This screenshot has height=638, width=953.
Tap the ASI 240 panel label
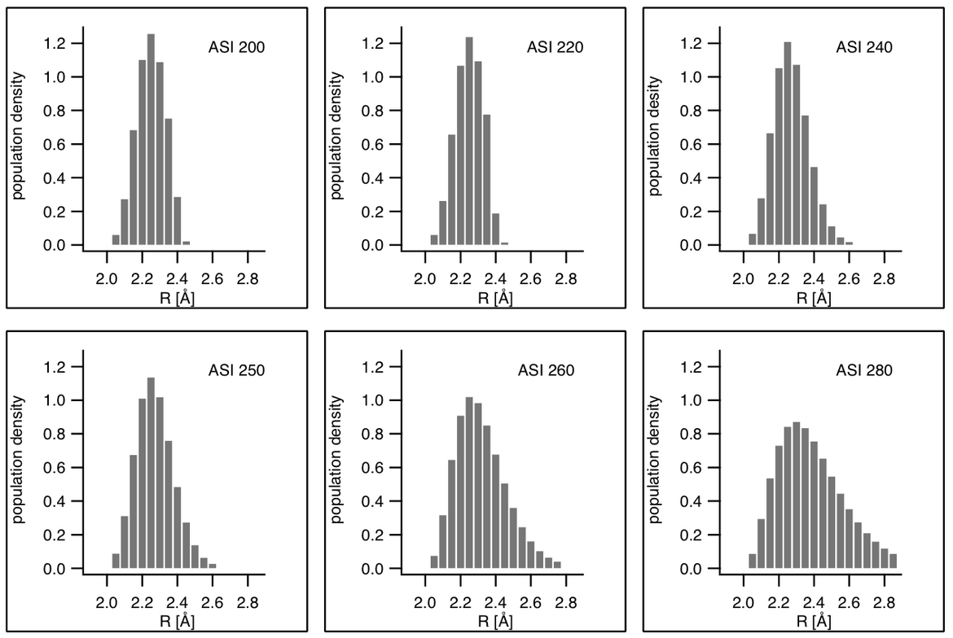click(864, 47)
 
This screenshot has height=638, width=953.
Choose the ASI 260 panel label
click(547, 370)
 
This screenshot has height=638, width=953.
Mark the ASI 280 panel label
click(864, 370)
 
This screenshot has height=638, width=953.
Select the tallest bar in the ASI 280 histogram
click(796, 496)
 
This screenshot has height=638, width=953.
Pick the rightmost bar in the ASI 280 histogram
click(893, 562)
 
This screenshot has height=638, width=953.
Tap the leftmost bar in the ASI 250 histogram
click(116, 562)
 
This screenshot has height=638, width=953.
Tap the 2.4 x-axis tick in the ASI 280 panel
click(814, 603)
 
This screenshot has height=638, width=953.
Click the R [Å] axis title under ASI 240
click(812, 297)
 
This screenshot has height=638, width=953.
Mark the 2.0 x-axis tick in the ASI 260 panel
click(425, 603)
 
